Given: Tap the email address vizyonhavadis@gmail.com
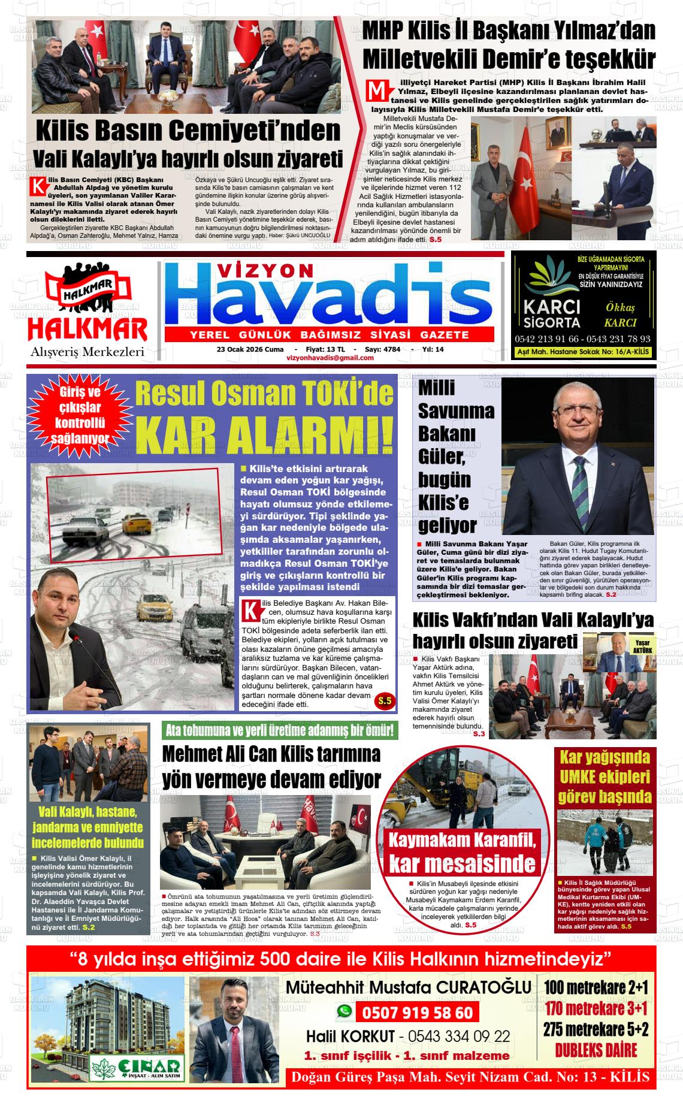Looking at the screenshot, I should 330,358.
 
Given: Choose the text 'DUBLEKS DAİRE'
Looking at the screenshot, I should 596,1051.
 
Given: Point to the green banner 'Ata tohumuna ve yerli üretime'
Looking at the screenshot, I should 279,730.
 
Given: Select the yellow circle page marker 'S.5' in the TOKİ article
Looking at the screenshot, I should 383,701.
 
